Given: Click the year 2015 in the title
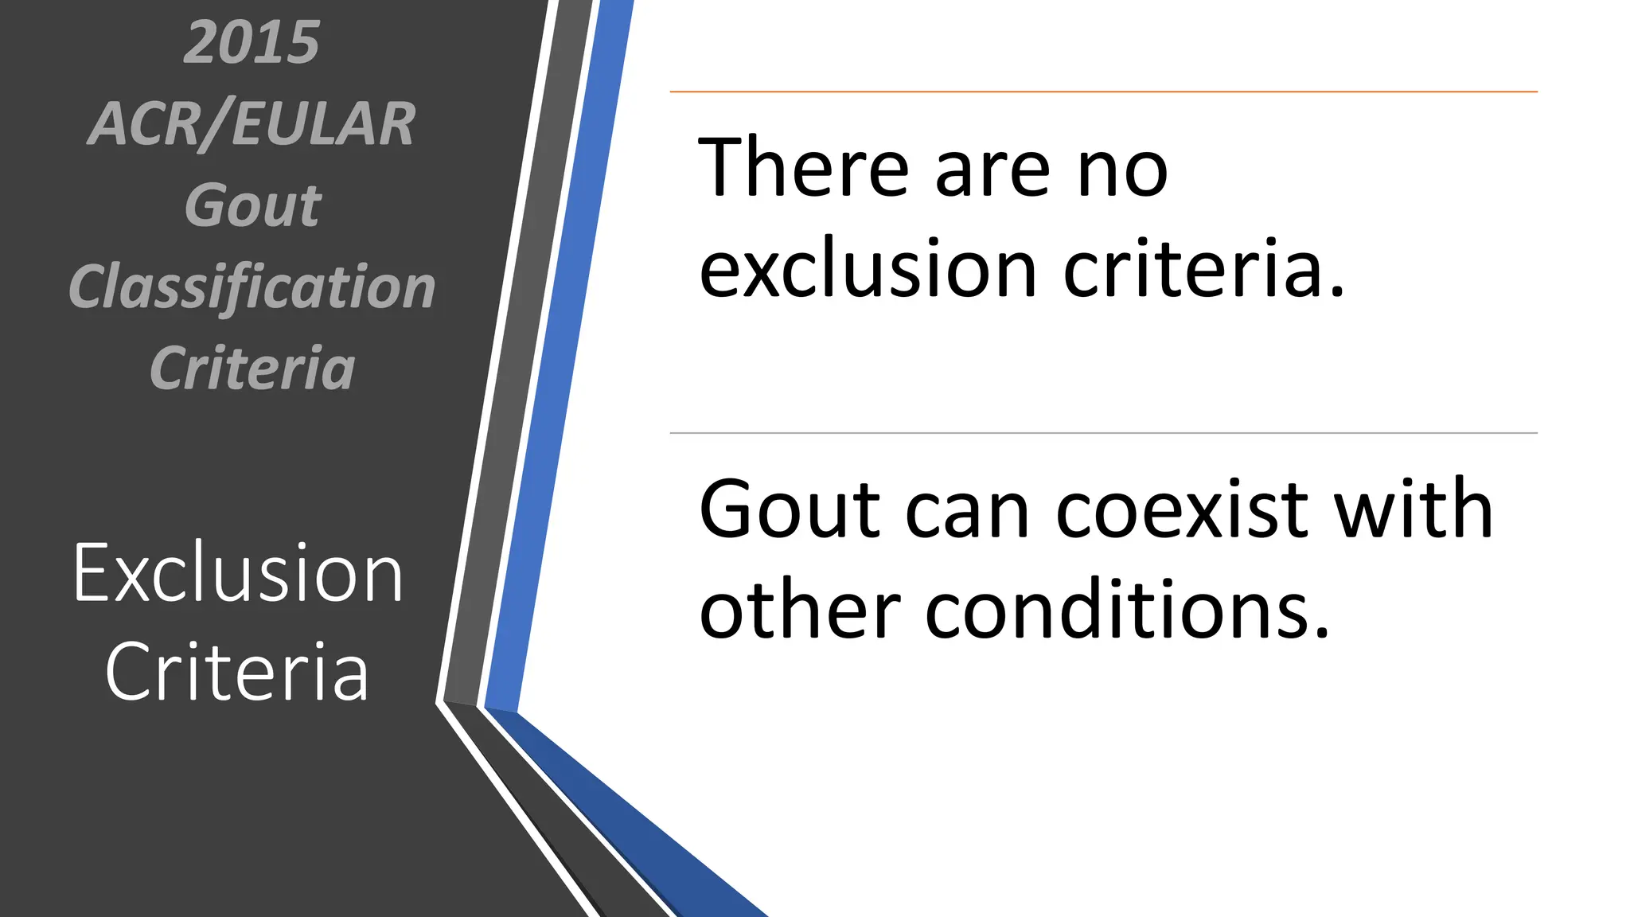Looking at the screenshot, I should tap(252, 42).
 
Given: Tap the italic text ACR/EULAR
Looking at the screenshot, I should tap(252, 125).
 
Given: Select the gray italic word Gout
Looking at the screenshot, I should tap(252, 205).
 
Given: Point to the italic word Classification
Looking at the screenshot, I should tap(252, 287).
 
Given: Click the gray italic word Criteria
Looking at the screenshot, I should tap(252, 369).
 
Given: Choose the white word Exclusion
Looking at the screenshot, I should tap(238, 573).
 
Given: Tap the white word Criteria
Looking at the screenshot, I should tap(237, 672).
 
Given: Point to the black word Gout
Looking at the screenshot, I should tap(789, 510).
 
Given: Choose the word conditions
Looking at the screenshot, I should tap(1127, 611).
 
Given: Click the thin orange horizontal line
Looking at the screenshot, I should tap(1103, 92).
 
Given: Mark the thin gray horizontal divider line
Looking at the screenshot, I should tap(1103, 433).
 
